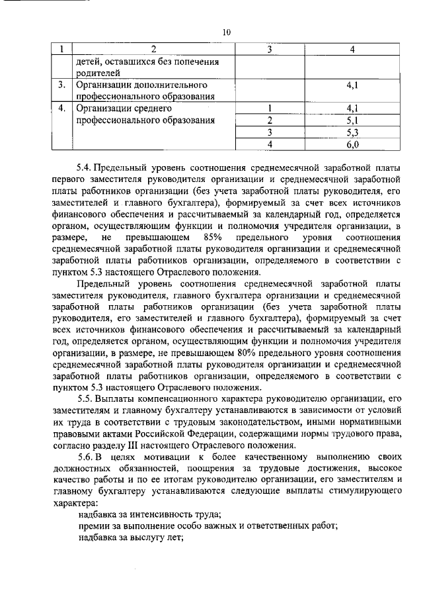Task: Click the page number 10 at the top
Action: pos(227,31)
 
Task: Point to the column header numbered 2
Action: pos(154,49)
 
